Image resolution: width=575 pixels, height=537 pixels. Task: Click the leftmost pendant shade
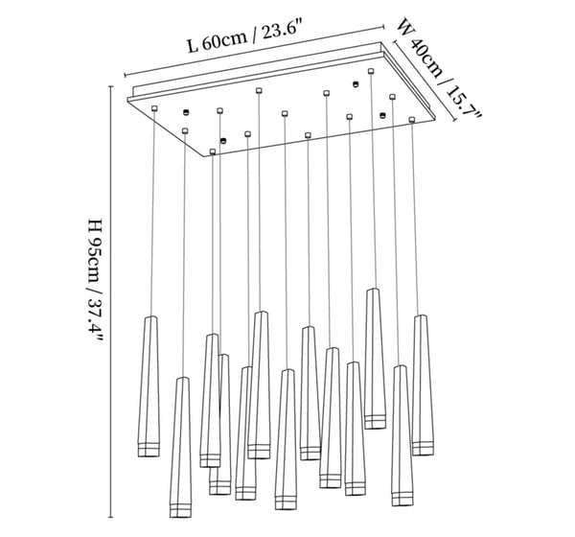click(149, 384)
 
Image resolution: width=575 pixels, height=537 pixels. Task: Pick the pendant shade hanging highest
click(374, 355)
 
